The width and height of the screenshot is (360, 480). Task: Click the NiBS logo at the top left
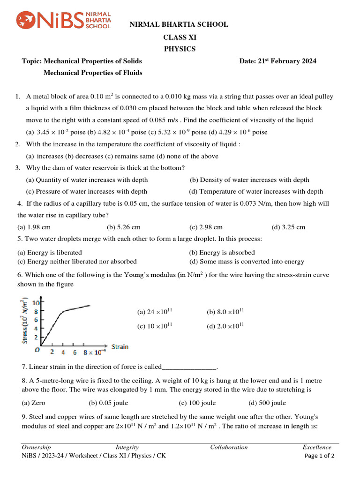(64, 21)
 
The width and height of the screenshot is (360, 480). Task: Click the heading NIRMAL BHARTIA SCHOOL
(179, 24)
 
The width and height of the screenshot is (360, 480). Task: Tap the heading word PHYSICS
(180, 49)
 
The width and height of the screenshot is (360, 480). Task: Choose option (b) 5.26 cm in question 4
(124, 227)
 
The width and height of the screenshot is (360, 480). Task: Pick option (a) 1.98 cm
(34, 227)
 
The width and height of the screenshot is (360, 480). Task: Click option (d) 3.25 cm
(288, 227)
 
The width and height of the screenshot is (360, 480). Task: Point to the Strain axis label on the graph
(120, 347)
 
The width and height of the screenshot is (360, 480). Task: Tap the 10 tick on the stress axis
(36, 302)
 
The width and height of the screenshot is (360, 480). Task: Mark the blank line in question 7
(189, 367)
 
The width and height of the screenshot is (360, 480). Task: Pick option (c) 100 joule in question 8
(197, 403)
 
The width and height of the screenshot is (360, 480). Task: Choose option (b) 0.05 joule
(108, 403)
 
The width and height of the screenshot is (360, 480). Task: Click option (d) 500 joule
(267, 403)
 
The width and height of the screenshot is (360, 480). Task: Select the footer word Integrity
(127, 447)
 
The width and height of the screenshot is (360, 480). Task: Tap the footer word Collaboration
(229, 447)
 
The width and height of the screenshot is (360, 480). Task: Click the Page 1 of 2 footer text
(320, 456)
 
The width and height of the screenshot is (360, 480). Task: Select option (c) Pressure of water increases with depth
(87, 191)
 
